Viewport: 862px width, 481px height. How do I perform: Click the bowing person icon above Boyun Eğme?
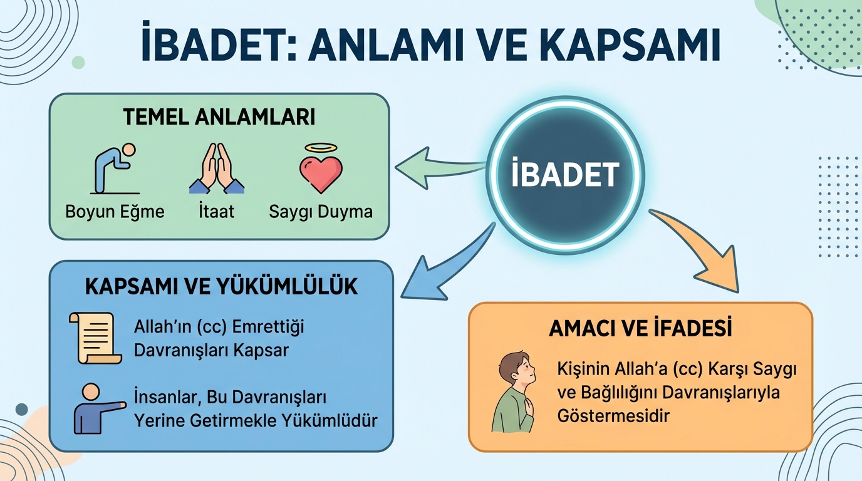pos(115,168)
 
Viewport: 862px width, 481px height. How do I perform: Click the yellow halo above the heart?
pos(321,148)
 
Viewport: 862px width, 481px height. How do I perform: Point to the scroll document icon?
pos(95,338)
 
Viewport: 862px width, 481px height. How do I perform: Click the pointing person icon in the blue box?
pos(100,408)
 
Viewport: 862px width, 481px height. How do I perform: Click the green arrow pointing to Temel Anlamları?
pos(439,168)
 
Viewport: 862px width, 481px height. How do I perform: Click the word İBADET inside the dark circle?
pos(565,174)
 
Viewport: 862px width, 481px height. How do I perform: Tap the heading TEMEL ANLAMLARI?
pos(219,117)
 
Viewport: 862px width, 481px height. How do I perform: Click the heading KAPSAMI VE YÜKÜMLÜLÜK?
pos(221,287)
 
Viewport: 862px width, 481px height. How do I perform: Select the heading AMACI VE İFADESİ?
pos(640,328)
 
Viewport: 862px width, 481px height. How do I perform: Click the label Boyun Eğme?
pos(115,212)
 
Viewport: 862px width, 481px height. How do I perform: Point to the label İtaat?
pos(216,211)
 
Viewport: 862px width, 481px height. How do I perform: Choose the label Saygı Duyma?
pos(321,212)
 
